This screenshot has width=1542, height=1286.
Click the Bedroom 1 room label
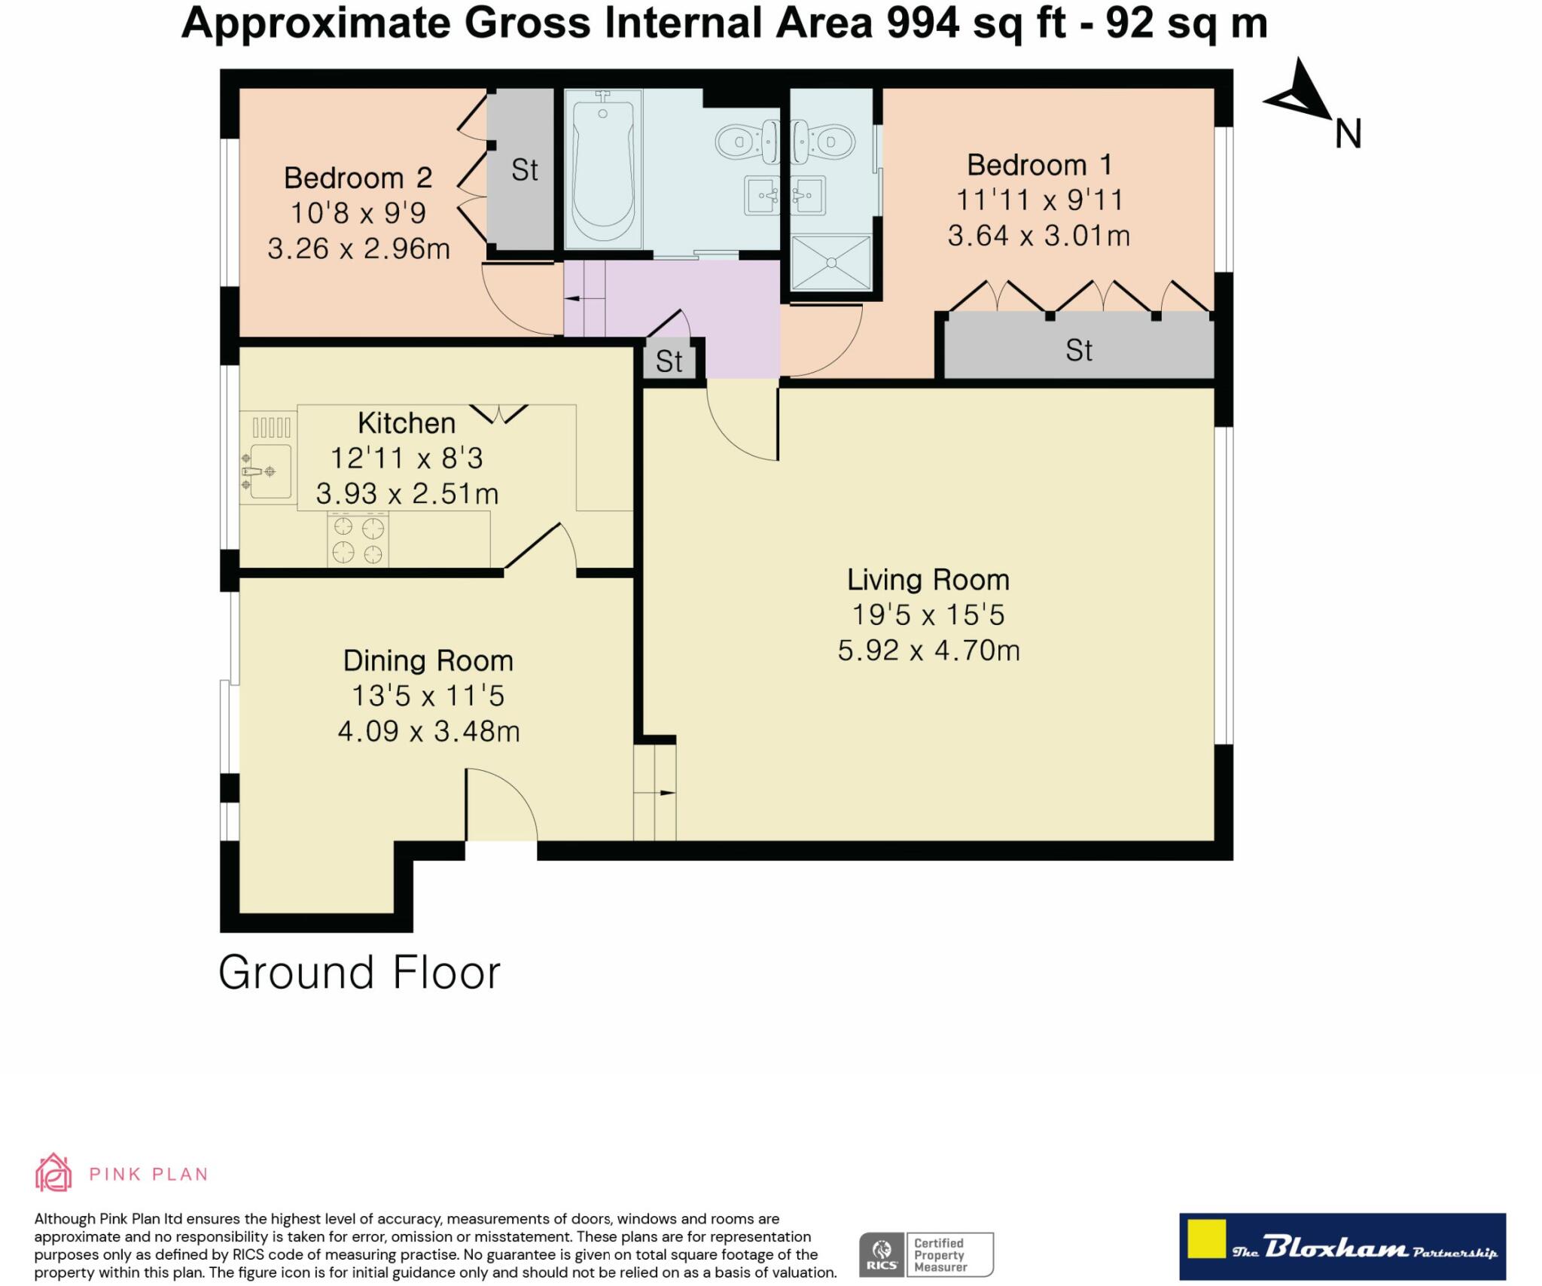pyautogui.click(x=1039, y=165)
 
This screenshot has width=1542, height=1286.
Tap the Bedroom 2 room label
pyautogui.click(x=358, y=178)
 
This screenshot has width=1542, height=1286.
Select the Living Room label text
pyautogui.click(x=928, y=580)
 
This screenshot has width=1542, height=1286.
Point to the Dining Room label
pyautogui.click(x=428, y=660)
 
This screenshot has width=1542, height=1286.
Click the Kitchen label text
pyautogui.click(x=407, y=423)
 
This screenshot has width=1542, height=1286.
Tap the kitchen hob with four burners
pyautogui.click(x=358, y=539)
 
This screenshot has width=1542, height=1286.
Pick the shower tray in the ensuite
pyautogui.click(x=831, y=262)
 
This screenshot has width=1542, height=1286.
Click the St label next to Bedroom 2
pyautogui.click(x=525, y=170)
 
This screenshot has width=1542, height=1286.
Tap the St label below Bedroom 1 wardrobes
pyautogui.click(x=1079, y=350)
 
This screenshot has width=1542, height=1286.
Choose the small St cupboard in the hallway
pyautogui.click(x=669, y=361)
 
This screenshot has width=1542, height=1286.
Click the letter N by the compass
pyautogui.click(x=1348, y=134)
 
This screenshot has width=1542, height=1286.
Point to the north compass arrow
pyautogui.click(x=1301, y=90)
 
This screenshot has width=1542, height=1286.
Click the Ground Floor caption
pyautogui.click(x=359, y=972)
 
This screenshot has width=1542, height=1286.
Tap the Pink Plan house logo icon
pyautogui.click(x=53, y=1172)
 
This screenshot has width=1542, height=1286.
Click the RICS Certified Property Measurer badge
pyautogui.click(x=926, y=1254)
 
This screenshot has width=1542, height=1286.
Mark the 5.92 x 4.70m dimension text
pyautogui.click(x=928, y=650)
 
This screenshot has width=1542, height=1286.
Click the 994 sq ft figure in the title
pyautogui.click(x=976, y=23)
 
